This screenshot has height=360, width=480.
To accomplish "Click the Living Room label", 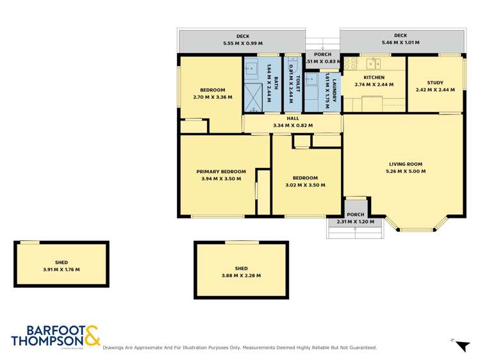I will click(404, 163).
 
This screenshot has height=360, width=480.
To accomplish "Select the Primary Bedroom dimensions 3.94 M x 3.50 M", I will click(221, 179).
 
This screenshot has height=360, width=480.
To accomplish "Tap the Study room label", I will click(435, 82).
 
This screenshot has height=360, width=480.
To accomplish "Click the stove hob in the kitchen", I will click(350, 63).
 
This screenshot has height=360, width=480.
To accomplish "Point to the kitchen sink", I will click(373, 63).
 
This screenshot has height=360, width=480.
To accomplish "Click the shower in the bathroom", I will click(251, 90).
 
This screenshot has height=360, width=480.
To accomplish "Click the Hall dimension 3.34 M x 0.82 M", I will click(292, 126).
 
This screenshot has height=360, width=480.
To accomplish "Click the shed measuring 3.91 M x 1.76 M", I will click(61, 266).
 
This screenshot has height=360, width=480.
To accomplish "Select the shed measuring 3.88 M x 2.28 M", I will click(241, 272).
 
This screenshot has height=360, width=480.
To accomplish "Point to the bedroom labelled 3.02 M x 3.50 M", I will click(305, 181).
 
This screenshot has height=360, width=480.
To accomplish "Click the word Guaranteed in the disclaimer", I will click(360, 347).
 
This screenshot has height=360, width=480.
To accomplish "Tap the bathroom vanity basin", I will click(251, 66).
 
